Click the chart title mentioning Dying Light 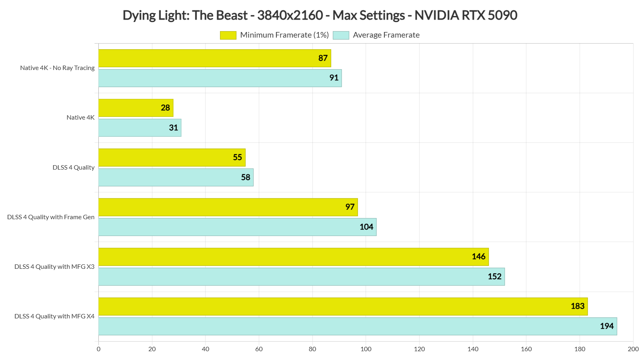pyautogui.click(x=320, y=15)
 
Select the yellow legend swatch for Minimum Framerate pyautogui.click(x=228, y=35)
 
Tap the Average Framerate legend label pyautogui.click(x=386, y=35)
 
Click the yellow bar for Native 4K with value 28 pyautogui.click(x=136, y=108)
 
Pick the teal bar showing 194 pyautogui.click(x=358, y=326)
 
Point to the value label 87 pyautogui.click(x=323, y=58)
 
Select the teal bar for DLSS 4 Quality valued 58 pyautogui.click(x=176, y=178)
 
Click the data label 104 pyautogui.click(x=366, y=227)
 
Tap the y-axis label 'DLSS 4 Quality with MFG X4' pyautogui.click(x=54, y=316)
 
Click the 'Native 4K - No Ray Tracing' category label pyautogui.click(x=57, y=68)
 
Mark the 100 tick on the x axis pyautogui.click(x=366, y=349)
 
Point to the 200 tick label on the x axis pyautogui.click(x=633, y=349)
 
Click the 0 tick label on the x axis pyautogui.click(x=99, y=349)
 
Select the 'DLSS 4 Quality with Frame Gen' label pyautogui.click(x=51, y=217)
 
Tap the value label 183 pyautogui.click(x=577, y=306)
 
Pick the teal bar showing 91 pyautogui.click(x=220, y=78)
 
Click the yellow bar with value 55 pyautogui.click(x=172, y=158)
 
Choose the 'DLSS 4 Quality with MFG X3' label pyautogui.click(x=54, y=267)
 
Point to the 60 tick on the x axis pyautogui.click(x=259, y=349)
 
